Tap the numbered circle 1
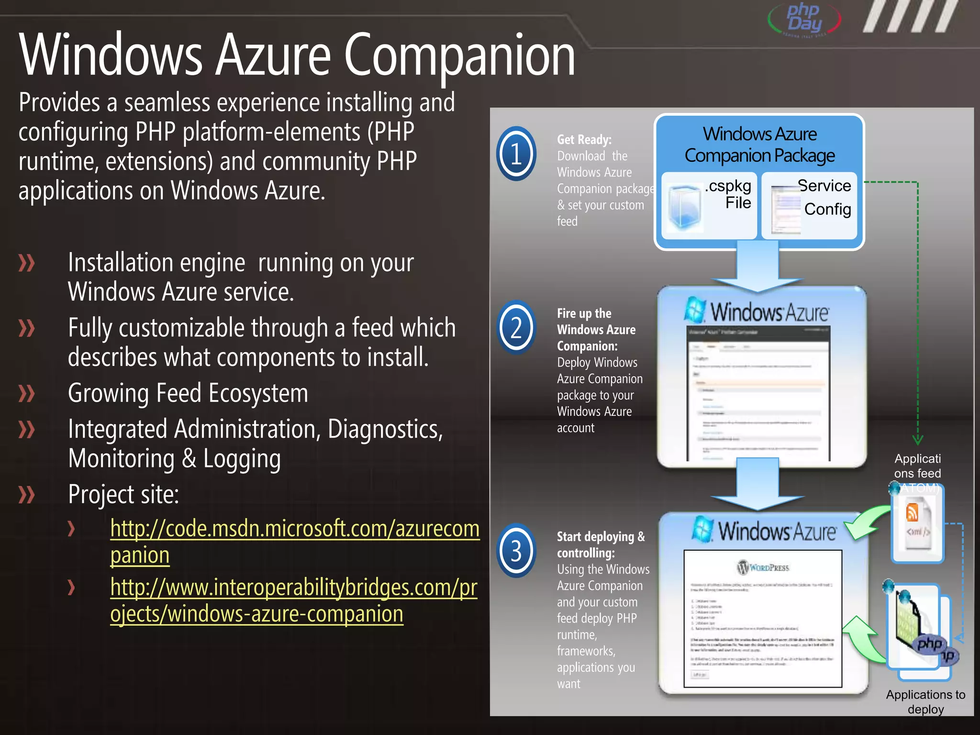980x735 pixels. (516, 154)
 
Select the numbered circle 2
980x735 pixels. (516, 328)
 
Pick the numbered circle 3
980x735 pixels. (516, 551)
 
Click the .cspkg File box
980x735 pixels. (709, 205)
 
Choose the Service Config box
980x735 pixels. (809, 205)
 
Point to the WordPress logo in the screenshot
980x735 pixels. (763, 568)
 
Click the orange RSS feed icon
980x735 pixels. (912, 512)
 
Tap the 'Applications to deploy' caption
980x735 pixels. (925, 702)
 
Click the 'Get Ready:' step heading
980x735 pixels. (584, 140)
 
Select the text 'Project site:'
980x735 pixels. (123, 494)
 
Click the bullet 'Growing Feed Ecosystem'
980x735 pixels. (188, 393)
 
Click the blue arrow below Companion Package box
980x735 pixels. (757, 268)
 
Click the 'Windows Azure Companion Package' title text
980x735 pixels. (759, 145)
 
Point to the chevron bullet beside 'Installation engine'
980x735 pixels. (27, 263)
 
